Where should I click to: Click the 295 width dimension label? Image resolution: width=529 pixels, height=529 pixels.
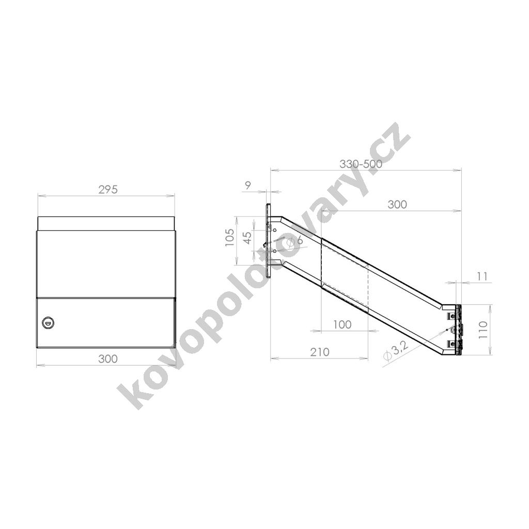108,190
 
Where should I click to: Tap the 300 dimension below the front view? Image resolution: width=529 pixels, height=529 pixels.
108,359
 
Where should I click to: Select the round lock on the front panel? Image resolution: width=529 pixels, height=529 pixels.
48,323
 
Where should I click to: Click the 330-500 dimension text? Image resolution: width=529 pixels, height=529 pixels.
361,164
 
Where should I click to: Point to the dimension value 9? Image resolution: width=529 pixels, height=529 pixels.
248,185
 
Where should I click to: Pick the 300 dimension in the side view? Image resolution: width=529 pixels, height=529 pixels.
397,204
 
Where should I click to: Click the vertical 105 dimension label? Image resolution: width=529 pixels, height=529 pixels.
229,237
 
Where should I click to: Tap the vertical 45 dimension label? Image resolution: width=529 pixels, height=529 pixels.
247,238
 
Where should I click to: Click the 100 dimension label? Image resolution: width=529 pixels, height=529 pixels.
343,324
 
